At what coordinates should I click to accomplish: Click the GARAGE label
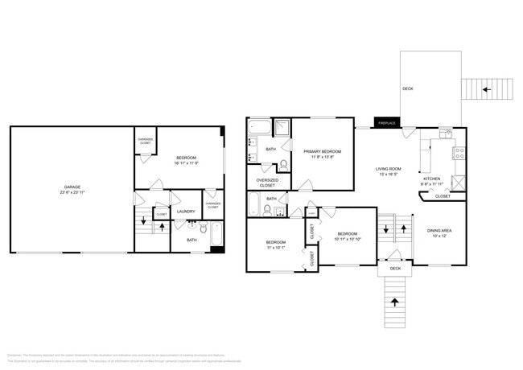click(72, 187)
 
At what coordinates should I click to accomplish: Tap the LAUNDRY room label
click(186, 212)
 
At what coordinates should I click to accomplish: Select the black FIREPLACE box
click(387, 124)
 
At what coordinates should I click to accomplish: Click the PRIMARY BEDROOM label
click(322, 151)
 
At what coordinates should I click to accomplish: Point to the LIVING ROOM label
click(389, 169)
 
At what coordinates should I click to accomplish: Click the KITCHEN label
click(432, 178)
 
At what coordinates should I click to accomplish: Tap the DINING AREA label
click(439, 230)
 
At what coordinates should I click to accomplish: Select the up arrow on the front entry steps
click(394, 302)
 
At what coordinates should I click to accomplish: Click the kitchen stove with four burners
click(459, 151)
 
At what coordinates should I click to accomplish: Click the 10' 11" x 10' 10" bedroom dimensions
click(347, 239)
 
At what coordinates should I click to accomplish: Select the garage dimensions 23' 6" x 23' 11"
click(72, 193)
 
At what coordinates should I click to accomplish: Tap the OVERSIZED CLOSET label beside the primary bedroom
click(267, 183)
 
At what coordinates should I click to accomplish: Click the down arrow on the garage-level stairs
click(142, 219)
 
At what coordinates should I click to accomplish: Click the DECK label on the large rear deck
click(408, 89)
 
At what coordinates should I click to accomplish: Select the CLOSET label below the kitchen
click(443, 196)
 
